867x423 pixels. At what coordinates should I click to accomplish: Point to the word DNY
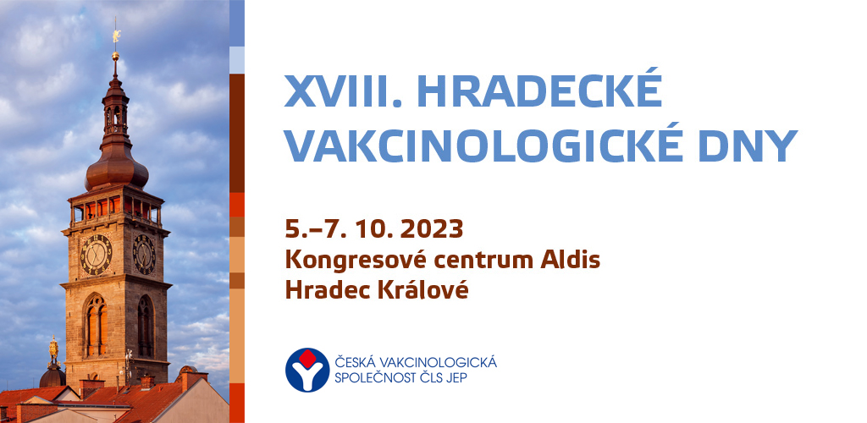point(748,146)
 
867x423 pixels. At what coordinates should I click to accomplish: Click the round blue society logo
point(307,370)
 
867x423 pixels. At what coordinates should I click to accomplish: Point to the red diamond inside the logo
point(307,359)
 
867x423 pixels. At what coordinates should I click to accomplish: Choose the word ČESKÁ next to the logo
point(353,362)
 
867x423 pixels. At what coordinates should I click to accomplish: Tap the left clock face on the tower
point(97,255)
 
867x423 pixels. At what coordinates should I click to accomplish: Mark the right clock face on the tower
point(144,254)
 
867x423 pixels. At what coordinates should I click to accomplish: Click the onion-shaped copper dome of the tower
point(117,170)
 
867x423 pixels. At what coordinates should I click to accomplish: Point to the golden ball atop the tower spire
point(115,56)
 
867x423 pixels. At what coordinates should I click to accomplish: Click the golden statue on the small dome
point(53,349)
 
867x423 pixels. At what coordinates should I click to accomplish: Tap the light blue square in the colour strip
point(237,60)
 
